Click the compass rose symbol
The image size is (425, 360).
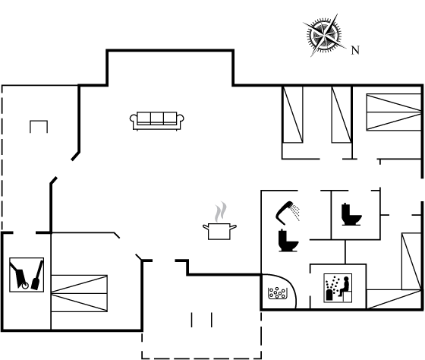coord(324,35)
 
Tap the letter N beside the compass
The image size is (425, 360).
coord(355,50)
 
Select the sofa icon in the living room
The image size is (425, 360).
coord(156,121)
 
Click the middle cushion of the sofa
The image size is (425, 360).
coord(157,118)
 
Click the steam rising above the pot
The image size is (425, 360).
coord(221,212)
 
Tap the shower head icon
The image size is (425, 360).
coord(288,213)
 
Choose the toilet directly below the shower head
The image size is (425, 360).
coord(288,241)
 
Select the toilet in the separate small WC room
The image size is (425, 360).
coord(351,214)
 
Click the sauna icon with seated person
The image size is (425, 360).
coord(338,288)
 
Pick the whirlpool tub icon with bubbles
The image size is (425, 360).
coord(277,293)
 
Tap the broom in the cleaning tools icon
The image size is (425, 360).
coord(37,275)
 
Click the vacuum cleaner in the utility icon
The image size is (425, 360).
coord(19,276)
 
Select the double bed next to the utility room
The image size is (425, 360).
coord(79,293)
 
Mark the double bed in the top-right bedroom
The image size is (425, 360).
coord(394,112)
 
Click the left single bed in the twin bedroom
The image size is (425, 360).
coord(292,114)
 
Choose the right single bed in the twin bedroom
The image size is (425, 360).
coord(342,114)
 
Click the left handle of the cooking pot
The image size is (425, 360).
coord(206,227)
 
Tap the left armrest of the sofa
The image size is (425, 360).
coord(134,118)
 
